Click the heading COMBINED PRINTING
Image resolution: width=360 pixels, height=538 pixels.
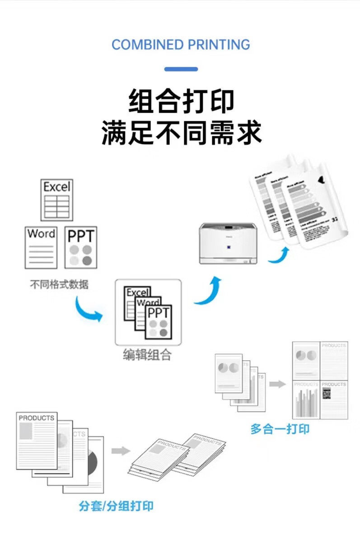tap(181, 45)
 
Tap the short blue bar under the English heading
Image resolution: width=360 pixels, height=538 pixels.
tap(181, 69)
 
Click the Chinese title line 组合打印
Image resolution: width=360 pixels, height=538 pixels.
tap(181, 101)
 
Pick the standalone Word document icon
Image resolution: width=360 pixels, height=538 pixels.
tap(41, 247)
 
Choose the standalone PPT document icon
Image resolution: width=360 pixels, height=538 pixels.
tap(81, 248)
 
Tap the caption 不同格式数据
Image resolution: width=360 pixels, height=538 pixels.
tap(59, 285)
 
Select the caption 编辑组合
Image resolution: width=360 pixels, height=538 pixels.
tap(148, 354)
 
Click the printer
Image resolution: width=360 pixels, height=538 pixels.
tap(228, 243)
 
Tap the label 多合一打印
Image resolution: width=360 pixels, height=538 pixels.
tap(280, 429)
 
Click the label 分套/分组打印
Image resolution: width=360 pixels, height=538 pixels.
tap(116, 506)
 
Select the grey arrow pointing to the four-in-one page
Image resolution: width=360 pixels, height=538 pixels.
tap(278, 384)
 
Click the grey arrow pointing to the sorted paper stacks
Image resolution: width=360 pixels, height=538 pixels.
tap(121, 451)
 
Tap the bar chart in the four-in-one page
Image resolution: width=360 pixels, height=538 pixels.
tap(306, 402)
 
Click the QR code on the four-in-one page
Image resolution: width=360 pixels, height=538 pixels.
tap(327, 394)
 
